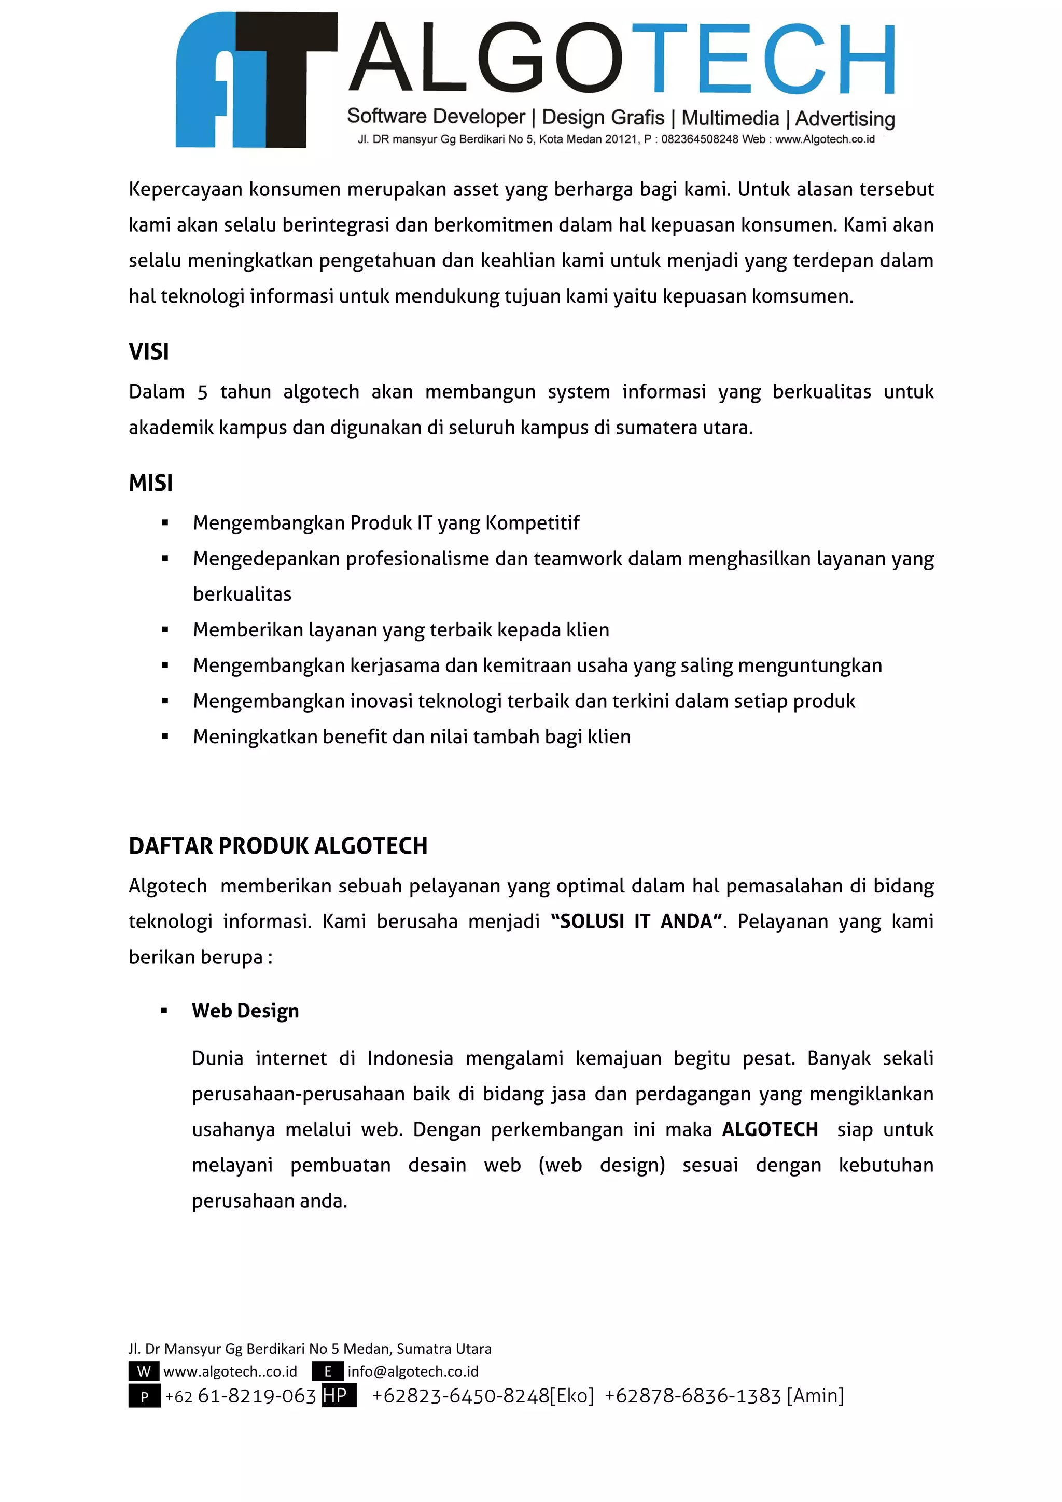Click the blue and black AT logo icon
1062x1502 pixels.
256,80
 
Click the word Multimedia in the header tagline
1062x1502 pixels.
730,118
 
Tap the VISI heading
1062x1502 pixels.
148,352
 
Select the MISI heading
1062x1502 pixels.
150,484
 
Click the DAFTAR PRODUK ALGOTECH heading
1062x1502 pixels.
278,846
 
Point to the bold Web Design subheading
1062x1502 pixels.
245,1011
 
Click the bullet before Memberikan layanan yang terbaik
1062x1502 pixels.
165,630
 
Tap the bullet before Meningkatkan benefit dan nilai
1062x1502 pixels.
165,736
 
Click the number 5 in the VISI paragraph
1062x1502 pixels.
202,392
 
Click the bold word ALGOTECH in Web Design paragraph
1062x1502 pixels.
770,1129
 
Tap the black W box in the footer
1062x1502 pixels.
144,1371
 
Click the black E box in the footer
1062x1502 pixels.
328,1371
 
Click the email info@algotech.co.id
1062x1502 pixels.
413,1371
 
